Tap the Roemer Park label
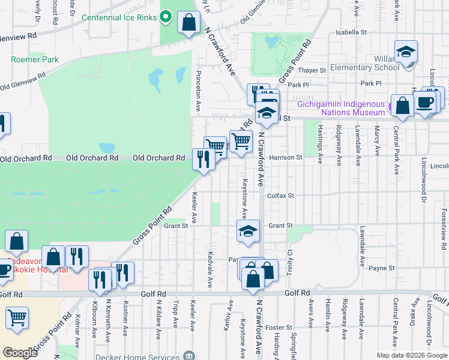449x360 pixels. pyautogui.click(x=35, y=59)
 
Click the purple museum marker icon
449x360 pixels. pyautogui.click(x=392, y=109)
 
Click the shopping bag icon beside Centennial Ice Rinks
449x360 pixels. pyautogui.click(x=189, y=23)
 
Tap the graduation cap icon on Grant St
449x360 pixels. pyautogui.click(x=247, y=232)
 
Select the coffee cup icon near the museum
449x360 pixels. pyautogui.click(x=425, y=102)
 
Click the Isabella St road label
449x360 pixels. pyautogui.click(x=351, y=32)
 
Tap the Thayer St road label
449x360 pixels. pyautogui.click(x=314, y=70)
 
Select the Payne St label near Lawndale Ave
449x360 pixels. pyautogui.click(x=382, y=268)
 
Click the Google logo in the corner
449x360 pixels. pyautogui.click(x=20, y=353)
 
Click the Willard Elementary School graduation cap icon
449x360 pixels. pyautogui.click(x=406, y=52)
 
